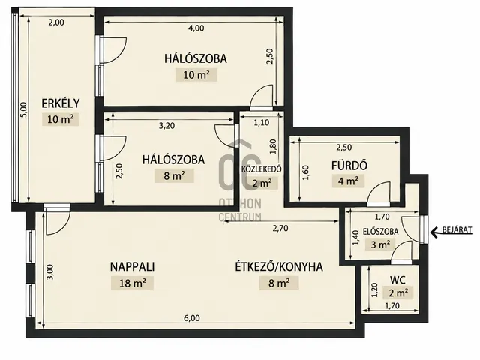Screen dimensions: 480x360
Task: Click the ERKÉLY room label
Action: (x=61, y=103)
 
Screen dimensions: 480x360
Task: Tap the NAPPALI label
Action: (x=132, y=267)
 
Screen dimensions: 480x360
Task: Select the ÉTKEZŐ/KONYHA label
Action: (x=279, y=267)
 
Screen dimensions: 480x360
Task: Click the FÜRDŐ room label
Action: (x=349, y=165)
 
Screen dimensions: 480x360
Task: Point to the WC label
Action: (x=397, y=280)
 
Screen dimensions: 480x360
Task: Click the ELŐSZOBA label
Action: (x=380, y=232)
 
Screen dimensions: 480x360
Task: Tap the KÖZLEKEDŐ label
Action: (x=262, y=169)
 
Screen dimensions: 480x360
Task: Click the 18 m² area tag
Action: (x=132, y=283)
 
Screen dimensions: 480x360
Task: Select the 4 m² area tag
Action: (x=348, y=181)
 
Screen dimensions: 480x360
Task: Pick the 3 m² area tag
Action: (x=380, y=244)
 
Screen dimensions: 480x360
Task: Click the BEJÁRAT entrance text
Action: (x=457, y=229)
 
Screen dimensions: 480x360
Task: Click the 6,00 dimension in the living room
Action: (x=192, y=318)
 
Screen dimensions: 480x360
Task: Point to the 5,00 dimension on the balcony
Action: (x=25, y=109)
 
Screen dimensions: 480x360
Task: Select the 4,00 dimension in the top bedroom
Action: (x=196, y=28)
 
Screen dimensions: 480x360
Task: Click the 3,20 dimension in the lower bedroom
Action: (x=166, y=126)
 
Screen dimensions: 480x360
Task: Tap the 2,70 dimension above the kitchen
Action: (x=280, y=228)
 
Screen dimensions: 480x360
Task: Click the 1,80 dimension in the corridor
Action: (x=273, y=147)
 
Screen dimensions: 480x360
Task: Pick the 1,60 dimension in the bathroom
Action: (x=306, y=172)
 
